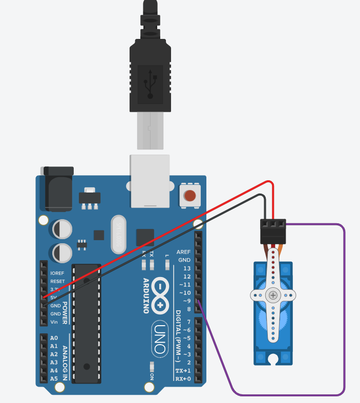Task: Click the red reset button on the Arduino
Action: point(190,196)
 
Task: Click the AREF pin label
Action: point(183,252)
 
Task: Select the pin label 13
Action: point(187,268)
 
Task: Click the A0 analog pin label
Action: point(54,338)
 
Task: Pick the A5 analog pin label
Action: point(54,379)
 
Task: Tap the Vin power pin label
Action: point(54,322)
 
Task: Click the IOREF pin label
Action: point(57,273)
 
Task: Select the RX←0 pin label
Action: point(183,379)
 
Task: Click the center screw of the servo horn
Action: point(273,295)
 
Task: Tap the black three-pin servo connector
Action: point(272,231)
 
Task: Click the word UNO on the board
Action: point(160,338)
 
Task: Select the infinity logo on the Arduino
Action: point(160,294)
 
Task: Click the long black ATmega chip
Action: point(86,323)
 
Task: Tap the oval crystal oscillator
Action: point(118,232)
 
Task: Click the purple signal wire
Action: point(344,307)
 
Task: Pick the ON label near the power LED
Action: point(152,376)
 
